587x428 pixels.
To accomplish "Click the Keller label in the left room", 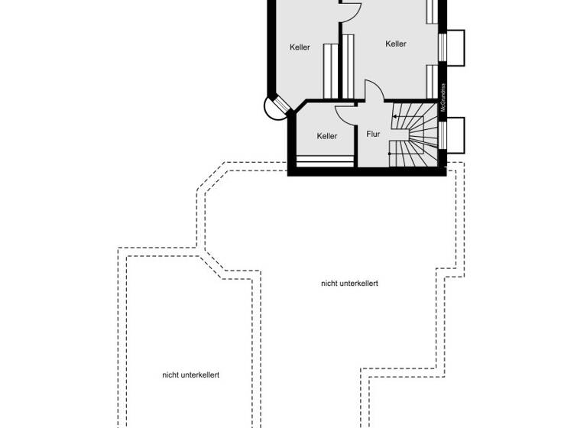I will (300, 47).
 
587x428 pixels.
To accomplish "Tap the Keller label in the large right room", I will (396, 44).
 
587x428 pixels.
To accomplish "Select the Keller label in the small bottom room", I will (327, 136).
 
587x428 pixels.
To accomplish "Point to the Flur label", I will (373, 135).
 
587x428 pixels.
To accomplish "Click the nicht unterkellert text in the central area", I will (349, 284).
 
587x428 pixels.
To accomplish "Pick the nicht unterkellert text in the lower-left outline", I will (191, 375).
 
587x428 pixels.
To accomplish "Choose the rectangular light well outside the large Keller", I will (455, 47).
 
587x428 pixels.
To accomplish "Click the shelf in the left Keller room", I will (329, 71).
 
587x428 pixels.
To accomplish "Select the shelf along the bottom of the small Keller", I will (325, 161).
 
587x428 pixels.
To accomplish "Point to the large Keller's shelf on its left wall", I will (349, 66).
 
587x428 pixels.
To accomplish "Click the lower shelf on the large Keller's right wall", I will (432, 83).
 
